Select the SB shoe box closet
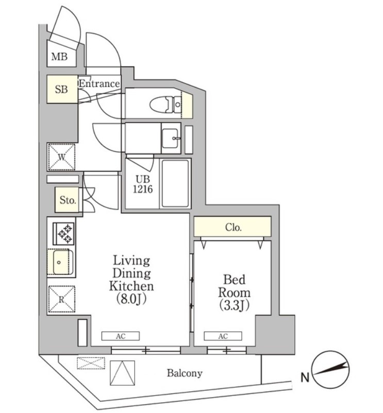(62, 90)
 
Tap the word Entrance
(99, 83)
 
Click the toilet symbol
(164, 105)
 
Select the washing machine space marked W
(61, 157)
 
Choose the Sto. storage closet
(67, 200)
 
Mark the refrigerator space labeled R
(61, 299)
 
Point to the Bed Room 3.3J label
(235, 292)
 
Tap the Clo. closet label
(233, 227)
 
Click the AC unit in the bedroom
(223, 336)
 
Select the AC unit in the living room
(121, 336)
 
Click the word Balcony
(184, 373)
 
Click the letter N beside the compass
(305, 378)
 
